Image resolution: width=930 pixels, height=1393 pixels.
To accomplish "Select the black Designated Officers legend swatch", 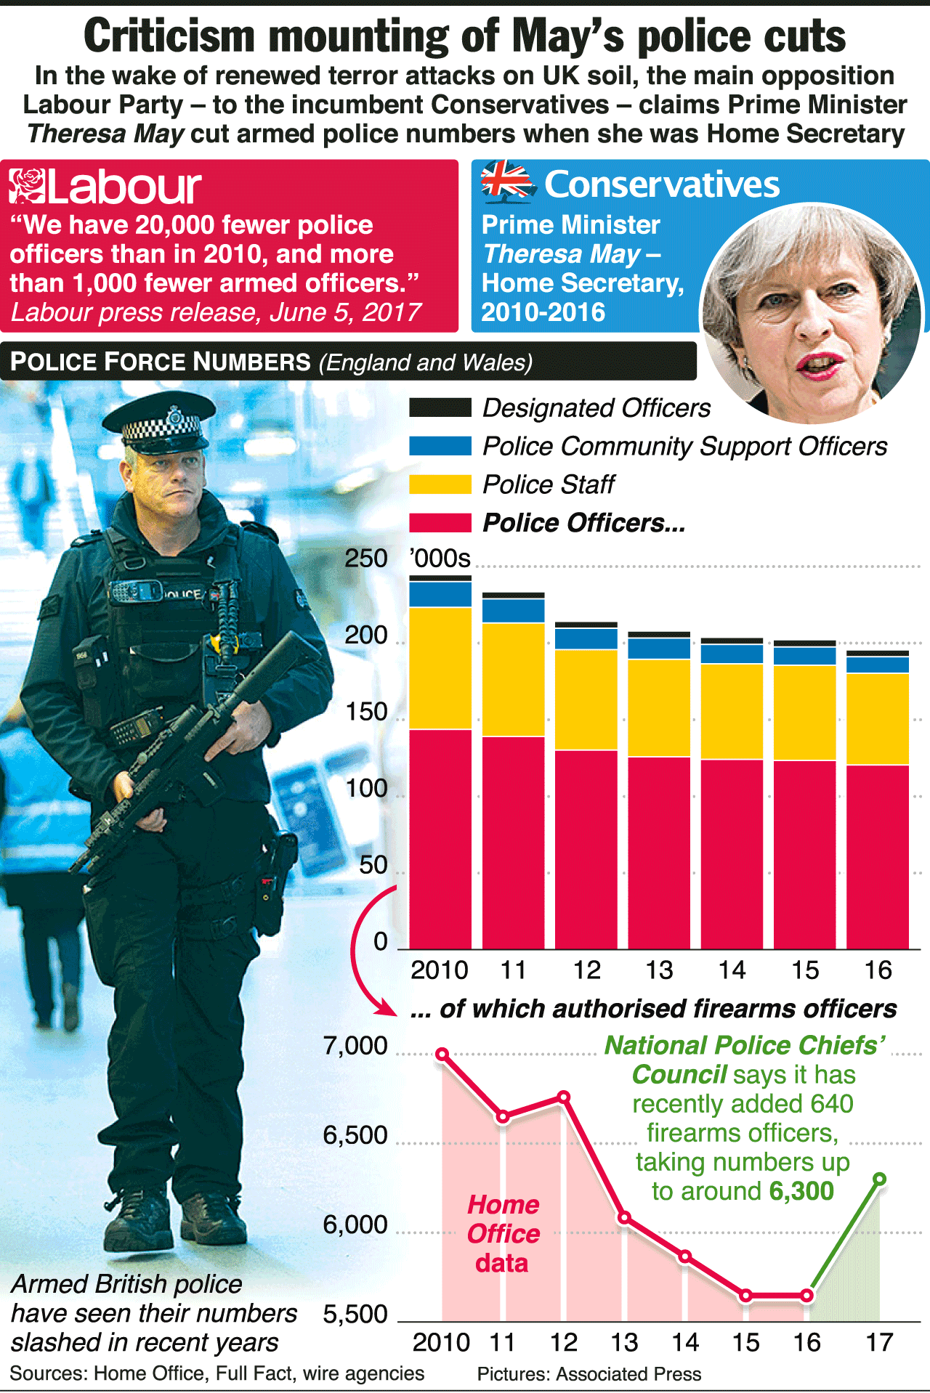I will click(440, 407).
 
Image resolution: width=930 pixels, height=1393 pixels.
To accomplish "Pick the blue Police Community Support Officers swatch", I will click(440, 446).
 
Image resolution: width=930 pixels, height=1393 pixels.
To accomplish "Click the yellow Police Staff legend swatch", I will click(440, 484).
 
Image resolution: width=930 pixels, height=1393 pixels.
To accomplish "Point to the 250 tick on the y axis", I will click(366, 559).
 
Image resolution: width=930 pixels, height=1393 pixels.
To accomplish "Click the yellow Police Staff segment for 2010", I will click(440, 668).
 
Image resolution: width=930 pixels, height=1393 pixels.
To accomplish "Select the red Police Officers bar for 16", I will click(878, 857).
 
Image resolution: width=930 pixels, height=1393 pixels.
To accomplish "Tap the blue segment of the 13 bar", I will click(659, 649).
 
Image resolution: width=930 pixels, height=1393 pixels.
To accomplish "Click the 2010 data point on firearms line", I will click(442, 1054).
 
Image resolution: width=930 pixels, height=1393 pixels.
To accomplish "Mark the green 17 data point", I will click(879, 1179).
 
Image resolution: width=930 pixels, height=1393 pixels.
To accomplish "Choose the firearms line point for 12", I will click(564, 1097).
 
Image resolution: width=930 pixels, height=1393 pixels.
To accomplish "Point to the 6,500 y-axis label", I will click(355, 1135).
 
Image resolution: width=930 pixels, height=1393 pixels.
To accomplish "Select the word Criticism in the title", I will click(169, 36).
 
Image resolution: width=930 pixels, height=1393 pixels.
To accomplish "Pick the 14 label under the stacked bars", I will click(732, 970).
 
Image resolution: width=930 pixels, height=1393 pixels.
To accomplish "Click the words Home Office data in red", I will click(503, 1234).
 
